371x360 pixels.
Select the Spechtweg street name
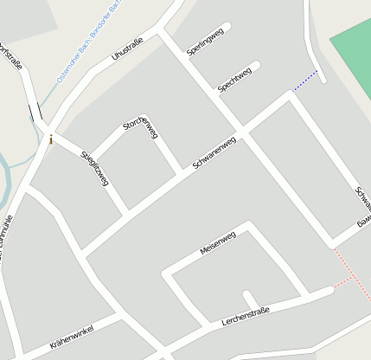point(234,79)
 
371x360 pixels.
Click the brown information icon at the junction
point(51,139)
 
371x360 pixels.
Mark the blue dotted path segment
point(305,80)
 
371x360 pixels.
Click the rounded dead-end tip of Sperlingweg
point(227,27)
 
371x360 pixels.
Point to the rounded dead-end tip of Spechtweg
point(255,66)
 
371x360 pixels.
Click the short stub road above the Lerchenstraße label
point(248,299)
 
